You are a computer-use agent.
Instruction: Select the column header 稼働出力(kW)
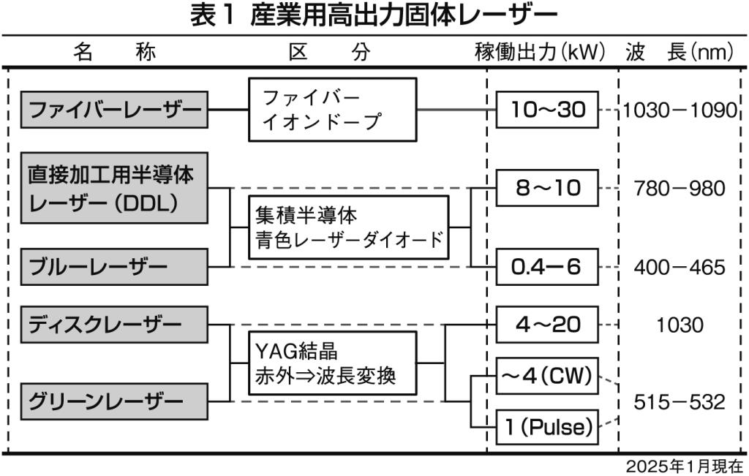(541, 52)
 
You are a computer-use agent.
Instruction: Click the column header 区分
(329, 52)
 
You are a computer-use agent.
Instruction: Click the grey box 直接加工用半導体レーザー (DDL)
(114, 188)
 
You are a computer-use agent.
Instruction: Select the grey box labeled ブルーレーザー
(114, 267)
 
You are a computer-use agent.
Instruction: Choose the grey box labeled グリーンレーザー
(114, 401)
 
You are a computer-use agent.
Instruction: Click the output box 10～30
(547, 110)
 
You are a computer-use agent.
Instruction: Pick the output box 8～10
(547, 188)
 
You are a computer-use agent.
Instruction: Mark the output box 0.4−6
(547, 267)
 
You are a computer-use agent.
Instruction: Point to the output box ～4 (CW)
(547, 378)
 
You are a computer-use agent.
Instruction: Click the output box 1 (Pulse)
(547, 426)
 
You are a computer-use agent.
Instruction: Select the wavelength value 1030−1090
(680, 110)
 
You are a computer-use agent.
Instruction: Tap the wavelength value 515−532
(680, 401)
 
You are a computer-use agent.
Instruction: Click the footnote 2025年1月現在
(684, 466)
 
